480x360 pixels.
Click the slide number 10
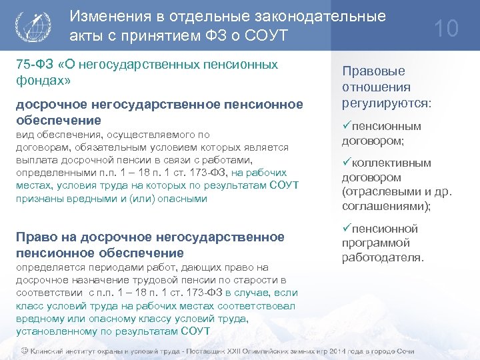tap(447, 29)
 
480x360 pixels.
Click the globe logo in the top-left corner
tap(31, 27)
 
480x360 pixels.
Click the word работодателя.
tap(383, 257)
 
